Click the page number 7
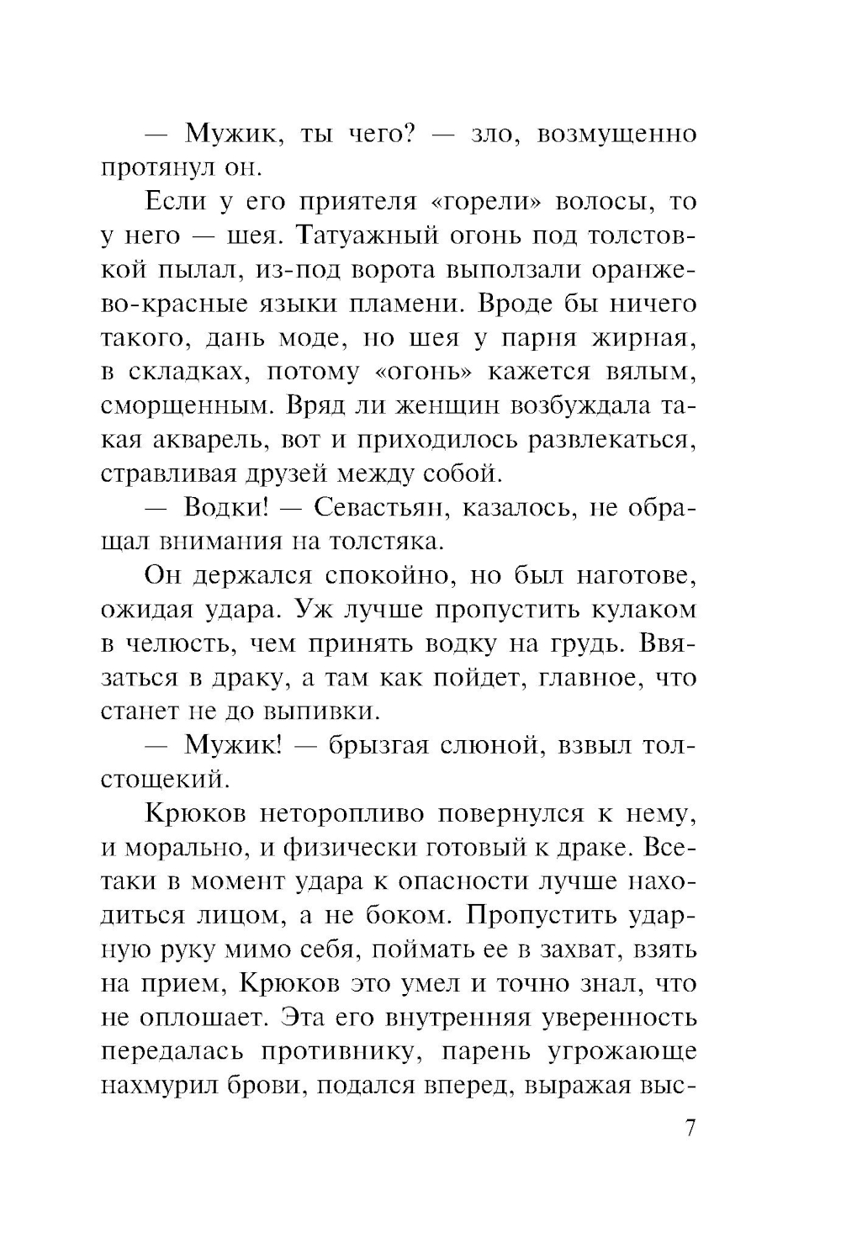690,1128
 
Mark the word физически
346,848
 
